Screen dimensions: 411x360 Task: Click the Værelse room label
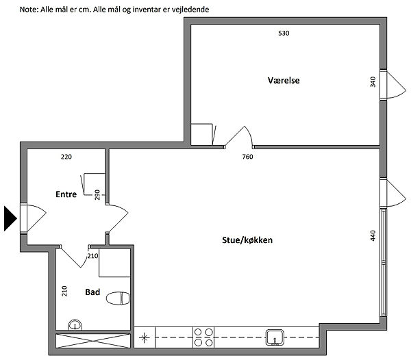(284, 80)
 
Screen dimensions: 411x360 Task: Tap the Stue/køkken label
(247, 240)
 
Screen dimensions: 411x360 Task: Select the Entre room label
(66, 194)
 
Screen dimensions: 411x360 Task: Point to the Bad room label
(92, 292)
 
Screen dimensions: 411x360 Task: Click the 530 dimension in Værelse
(284, 34)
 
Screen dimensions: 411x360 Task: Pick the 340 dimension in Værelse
(373, 81)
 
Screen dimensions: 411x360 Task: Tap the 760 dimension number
(247, 157)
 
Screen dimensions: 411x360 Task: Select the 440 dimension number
(373, 235)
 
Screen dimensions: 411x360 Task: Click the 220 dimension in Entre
(66, 157)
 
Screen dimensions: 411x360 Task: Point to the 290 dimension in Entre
(97, 195)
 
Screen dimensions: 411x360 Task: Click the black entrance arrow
(10, 218)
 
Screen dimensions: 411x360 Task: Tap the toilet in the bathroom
(118, 298)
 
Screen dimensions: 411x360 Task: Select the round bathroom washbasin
(75, 325)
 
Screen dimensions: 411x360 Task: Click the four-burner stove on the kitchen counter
(203, 337)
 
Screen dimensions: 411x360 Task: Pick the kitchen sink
(275, 337)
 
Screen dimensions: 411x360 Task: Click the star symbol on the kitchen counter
(144, 337)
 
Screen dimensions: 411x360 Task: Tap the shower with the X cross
(93, 341)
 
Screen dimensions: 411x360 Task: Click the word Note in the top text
(29, 10)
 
